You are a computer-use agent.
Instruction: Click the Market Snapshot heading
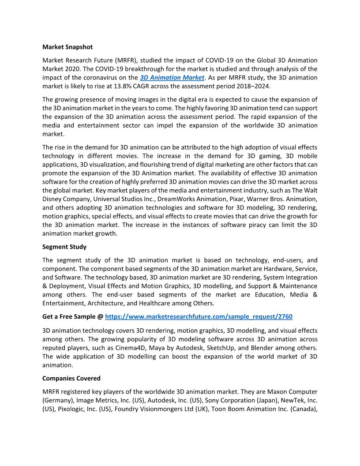click(x=67, y=46)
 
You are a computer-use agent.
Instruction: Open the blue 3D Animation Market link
click(x=172, y=78)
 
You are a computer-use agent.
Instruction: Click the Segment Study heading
click(x=64, y=247)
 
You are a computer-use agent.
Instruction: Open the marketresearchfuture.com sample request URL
click(x=199, y=316)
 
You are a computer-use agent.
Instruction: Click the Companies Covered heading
click(x=71, y=378)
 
